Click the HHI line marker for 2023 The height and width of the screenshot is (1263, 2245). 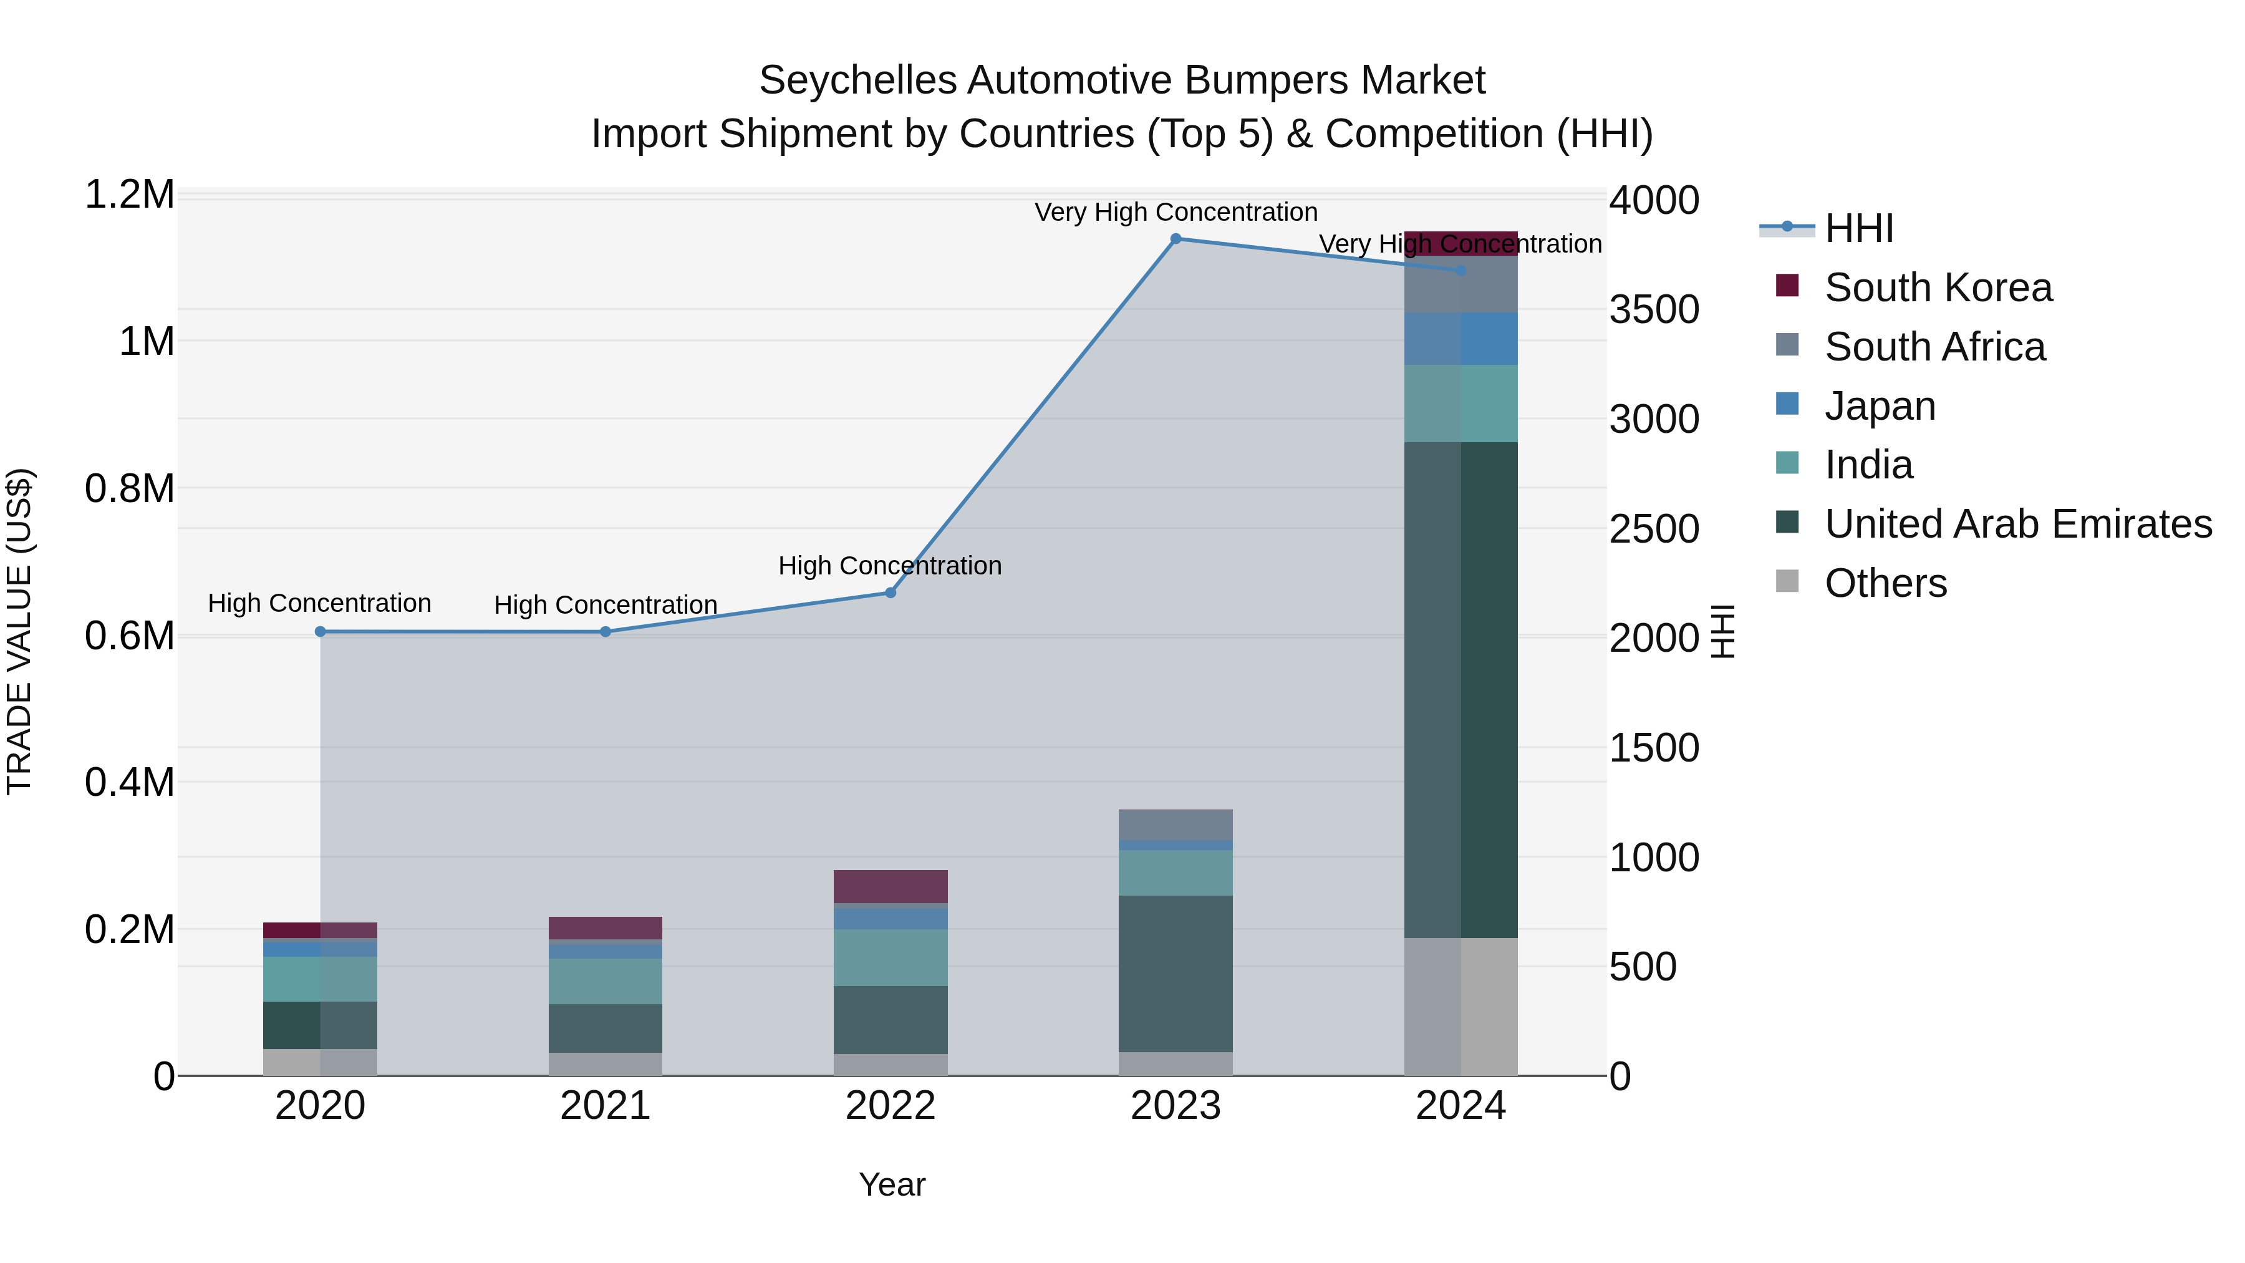1176,238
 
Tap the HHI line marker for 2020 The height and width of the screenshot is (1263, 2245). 320,631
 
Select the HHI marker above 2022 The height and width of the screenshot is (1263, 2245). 891,592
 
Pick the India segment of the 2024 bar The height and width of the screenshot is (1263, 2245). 1460,403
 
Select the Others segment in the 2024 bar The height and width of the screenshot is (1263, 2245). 1460,1006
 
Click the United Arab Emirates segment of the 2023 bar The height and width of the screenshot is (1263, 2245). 1176,973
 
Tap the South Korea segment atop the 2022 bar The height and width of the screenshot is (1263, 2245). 891,886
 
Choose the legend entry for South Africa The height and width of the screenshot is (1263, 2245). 1934,346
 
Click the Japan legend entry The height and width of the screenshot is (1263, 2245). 1880,405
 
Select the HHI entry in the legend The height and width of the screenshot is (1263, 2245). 1858,228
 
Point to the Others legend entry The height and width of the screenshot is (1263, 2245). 1885,583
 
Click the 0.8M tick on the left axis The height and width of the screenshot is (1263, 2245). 129,488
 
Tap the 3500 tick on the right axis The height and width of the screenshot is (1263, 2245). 1653,309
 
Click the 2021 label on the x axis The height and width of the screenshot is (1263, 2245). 605,1105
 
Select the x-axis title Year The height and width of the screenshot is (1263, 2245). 892,1184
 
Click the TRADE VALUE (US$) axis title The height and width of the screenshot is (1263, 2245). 19,631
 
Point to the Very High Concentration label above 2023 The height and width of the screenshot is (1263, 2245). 1176,212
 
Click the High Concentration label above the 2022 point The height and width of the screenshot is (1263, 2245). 890,565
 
